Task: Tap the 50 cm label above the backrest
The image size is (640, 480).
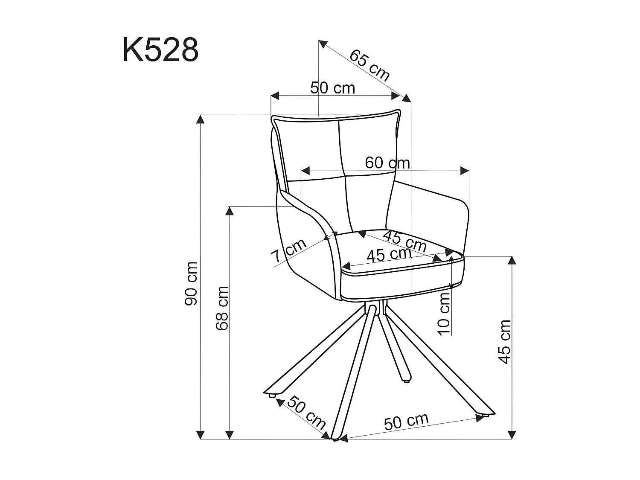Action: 332,88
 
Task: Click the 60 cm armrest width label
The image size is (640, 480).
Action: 387,163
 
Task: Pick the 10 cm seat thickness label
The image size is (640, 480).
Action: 444,314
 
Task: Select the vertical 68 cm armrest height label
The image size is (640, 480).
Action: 222,308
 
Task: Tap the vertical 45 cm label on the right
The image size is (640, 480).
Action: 505,341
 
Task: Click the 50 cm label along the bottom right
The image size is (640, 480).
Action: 406,422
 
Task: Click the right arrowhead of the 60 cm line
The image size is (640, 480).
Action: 465,171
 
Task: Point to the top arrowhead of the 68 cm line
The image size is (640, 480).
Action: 230,211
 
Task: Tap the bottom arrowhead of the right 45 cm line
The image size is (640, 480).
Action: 512,435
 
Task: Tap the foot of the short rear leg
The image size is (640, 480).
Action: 406,379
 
